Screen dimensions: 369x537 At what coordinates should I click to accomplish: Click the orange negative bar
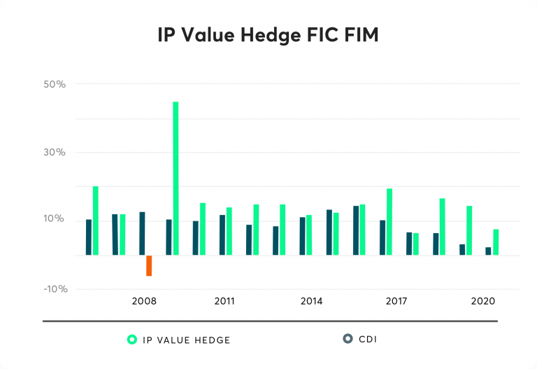149,265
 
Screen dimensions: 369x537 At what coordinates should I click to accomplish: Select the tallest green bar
176,178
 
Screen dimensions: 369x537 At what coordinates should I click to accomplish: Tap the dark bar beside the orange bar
142,233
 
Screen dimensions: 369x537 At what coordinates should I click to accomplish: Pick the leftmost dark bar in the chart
89,237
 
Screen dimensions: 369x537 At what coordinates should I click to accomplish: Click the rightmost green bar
496,242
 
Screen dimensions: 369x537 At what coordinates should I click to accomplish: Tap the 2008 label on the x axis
144,301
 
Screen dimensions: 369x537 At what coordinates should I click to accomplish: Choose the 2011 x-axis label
224,301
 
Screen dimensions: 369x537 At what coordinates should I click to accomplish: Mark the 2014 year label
311,301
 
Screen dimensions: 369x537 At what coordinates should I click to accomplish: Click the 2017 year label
396,301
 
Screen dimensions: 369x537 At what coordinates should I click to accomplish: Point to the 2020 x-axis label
483,301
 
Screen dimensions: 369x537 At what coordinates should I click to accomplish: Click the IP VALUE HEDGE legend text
186,340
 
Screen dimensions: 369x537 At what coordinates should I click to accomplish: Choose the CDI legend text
368,340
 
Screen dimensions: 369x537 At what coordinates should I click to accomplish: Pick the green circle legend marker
131,340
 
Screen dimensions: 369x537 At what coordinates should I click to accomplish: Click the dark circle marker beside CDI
348,339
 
